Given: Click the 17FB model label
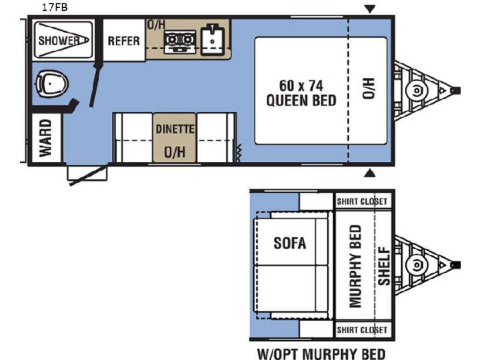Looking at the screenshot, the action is click(55, 7).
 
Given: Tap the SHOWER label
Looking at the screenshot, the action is click(59, 41).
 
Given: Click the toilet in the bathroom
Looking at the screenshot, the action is click(51, 84).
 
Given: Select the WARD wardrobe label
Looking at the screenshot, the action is click(45, 138).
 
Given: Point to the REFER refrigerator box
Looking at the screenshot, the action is click(124, 40).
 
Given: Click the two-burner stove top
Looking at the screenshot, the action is click(180, 41).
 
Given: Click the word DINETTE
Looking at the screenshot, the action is click(175, 129).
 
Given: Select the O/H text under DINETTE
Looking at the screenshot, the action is click(175, 152).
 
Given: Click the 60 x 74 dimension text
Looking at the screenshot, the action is click(301, 86).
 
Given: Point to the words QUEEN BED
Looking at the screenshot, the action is click(301, 101).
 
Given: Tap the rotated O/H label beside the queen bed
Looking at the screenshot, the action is click(369, 89).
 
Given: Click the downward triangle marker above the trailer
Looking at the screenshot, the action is click(370, 9).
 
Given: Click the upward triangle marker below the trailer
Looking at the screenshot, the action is click(370, 173).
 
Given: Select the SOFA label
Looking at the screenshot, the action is click(289, 243).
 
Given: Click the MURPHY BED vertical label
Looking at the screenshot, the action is click(355, 266).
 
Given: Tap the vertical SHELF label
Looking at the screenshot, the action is click(384, 266).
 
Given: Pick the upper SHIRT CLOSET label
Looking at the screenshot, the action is click(362, 201).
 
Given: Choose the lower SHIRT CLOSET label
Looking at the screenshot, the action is click(362, 330).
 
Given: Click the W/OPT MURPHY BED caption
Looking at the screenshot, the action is click(321, 354).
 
